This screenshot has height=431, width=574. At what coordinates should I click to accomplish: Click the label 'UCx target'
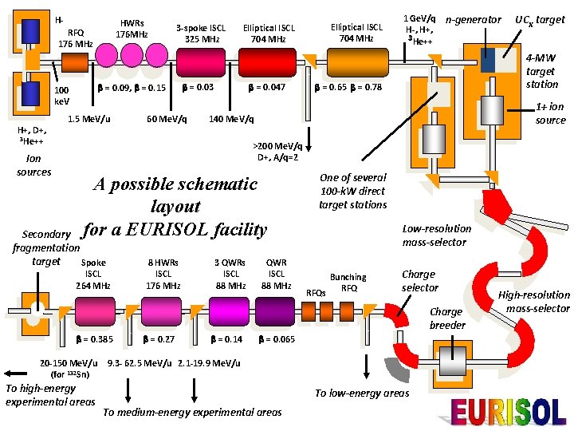540,19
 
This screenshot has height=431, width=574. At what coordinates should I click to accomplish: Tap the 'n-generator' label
474,19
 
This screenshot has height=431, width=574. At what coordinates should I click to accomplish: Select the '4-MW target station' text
542,71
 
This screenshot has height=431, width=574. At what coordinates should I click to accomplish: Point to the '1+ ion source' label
550,113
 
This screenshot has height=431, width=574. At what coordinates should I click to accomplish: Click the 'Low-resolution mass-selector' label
436,235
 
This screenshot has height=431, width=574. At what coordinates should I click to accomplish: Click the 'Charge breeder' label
446,318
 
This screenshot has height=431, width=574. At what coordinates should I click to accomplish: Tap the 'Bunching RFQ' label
348,283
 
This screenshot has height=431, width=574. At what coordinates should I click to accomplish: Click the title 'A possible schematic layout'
175,196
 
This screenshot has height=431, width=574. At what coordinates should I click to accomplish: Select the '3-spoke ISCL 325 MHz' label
202,34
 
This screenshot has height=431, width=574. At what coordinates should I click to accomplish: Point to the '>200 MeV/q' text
277,146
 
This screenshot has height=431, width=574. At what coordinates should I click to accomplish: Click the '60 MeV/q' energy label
167,120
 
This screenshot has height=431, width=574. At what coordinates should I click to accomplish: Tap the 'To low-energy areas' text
362,393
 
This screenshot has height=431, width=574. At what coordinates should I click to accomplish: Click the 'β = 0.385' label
93,339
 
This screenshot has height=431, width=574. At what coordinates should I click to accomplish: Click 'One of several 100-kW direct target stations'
352,192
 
